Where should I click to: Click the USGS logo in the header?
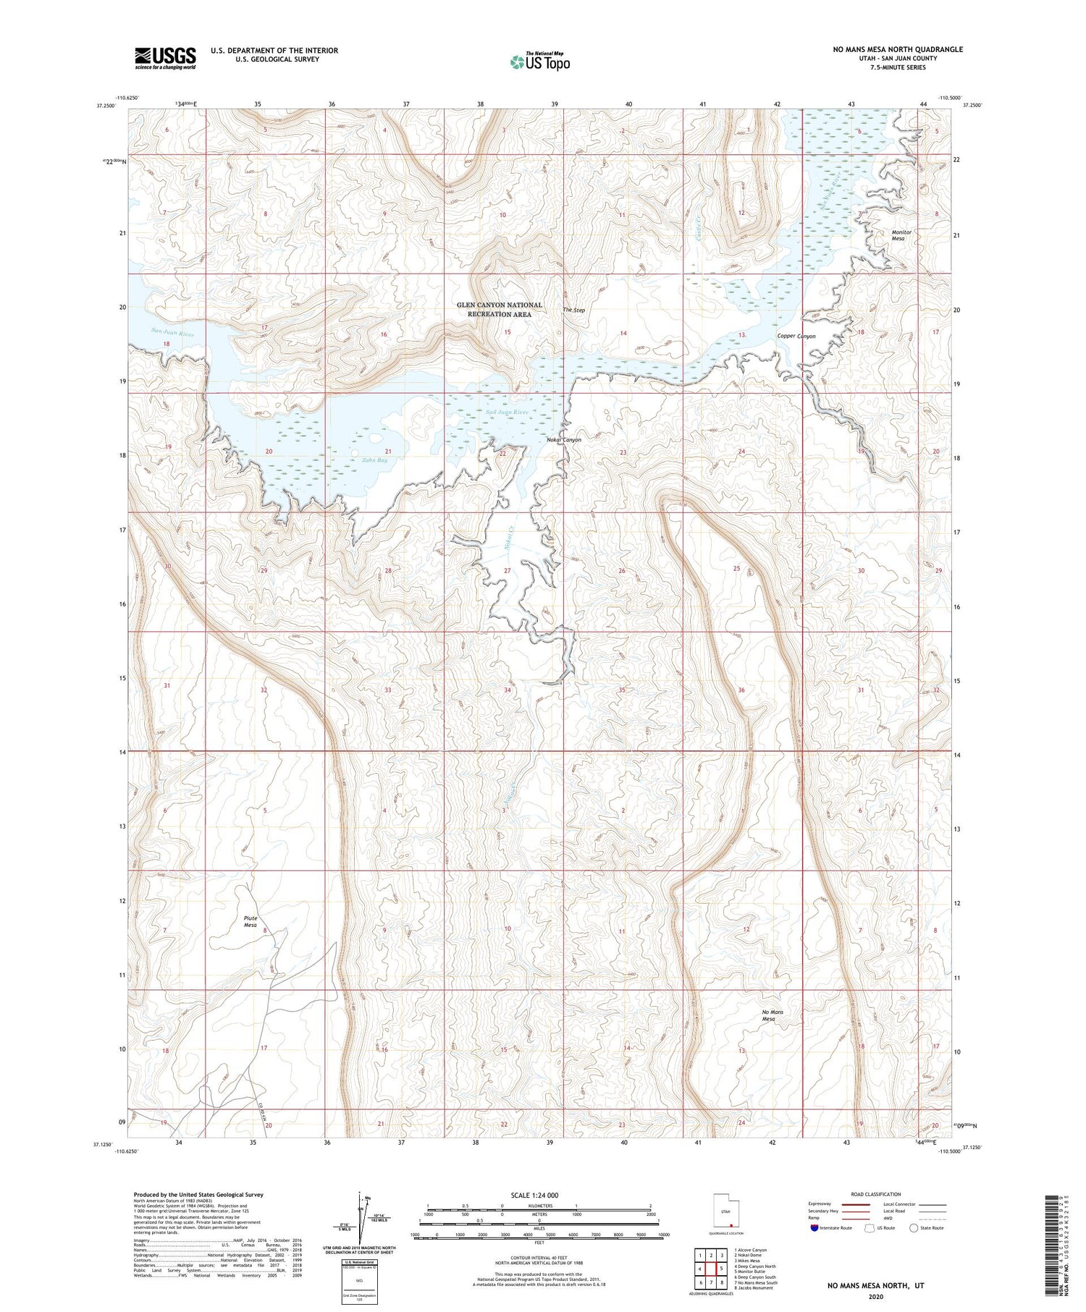pos(165,58)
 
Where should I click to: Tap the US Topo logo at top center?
pos(539,62)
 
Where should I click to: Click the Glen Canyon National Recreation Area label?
pos(500,310)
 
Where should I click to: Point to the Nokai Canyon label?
pos(563,440)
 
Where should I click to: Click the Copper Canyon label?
pos(796,336)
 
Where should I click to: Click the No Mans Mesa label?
pos(773,1015)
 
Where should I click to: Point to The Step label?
pos(574,310)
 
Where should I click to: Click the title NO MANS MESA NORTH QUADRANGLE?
pos(898,49)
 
